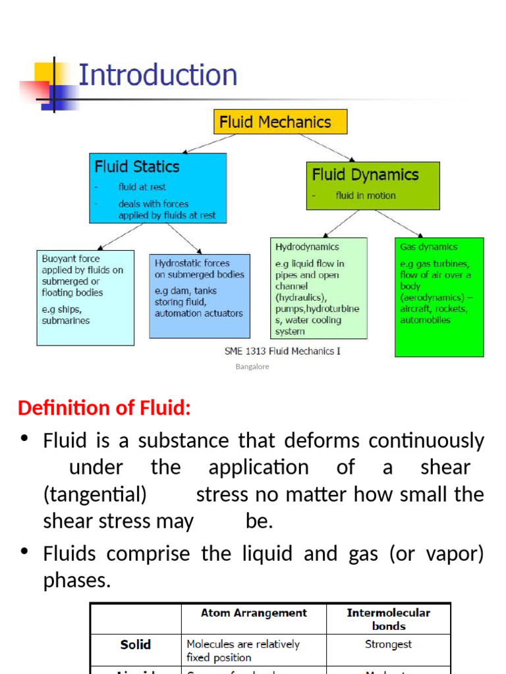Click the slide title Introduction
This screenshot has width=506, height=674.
pos(157,75)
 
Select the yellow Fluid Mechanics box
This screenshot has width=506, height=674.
pos(280,122)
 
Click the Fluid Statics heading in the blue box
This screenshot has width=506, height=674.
pos(137,167)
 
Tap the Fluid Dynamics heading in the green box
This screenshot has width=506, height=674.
pos(365,174)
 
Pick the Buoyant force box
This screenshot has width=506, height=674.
pos(85,297)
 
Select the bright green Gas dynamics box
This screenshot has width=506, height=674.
pos(439,296)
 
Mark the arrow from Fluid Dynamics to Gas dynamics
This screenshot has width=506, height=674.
pos(399,223)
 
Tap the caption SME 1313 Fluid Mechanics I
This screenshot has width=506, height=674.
pos(285,351)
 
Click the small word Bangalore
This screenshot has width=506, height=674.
pos(252,367)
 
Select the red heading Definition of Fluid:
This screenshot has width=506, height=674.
pos(104,408)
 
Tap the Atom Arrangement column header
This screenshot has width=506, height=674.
pos(254,613)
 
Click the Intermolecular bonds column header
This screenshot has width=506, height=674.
pos(388,619)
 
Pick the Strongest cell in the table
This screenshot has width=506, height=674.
pos(388,644)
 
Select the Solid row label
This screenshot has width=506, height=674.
pos(136,645)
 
